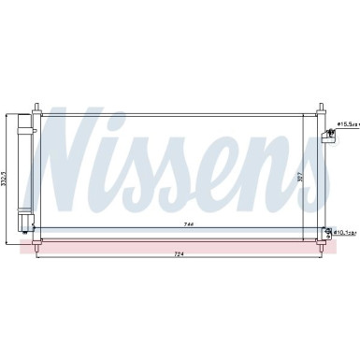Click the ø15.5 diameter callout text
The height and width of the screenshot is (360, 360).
(x=347, y=123)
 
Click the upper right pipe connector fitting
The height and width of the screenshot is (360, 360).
(x=328, y=137)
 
